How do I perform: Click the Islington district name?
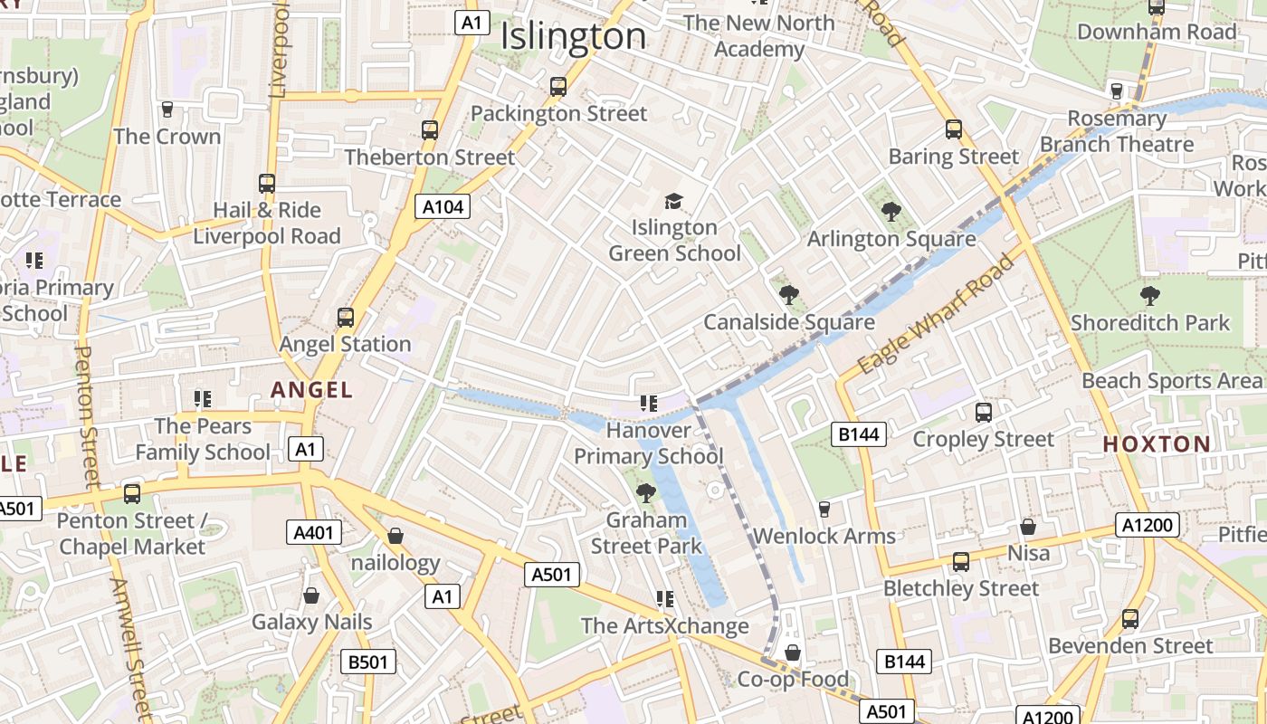[x=573, y=36]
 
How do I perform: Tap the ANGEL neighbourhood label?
[x=312, y=390]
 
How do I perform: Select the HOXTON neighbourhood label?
[x=1157, y=443]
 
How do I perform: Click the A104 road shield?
[x=443, y=207]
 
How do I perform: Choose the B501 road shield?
[x=368, y=662]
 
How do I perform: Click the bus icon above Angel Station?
[x=345, y=318]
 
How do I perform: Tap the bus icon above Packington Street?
[x=558, y=87]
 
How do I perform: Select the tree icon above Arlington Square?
[x=891, y=212]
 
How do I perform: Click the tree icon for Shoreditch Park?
[x=1149, y=295]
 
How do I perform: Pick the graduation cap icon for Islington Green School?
[x=673, y=201]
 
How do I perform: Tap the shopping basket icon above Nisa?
[x=1028, y=526]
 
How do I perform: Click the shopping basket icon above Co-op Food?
[x=793, y=653]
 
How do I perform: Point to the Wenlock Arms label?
[x=824, y=536]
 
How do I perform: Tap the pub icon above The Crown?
[x=167, y=110]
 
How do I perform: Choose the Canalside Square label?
[x=789, y=322]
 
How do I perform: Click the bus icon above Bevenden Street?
[x=1129, y=619]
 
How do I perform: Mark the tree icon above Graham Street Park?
[x=645, y=493]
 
